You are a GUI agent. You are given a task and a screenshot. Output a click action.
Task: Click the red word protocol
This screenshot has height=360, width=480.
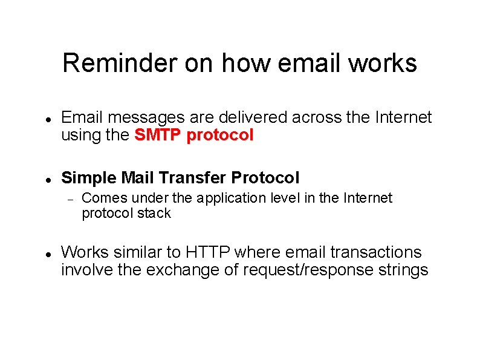point(220,136)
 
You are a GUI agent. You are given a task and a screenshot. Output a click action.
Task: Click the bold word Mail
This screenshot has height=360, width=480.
point(138,178)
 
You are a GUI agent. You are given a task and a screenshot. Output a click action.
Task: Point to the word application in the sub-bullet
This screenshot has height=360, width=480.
point(231,198)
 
